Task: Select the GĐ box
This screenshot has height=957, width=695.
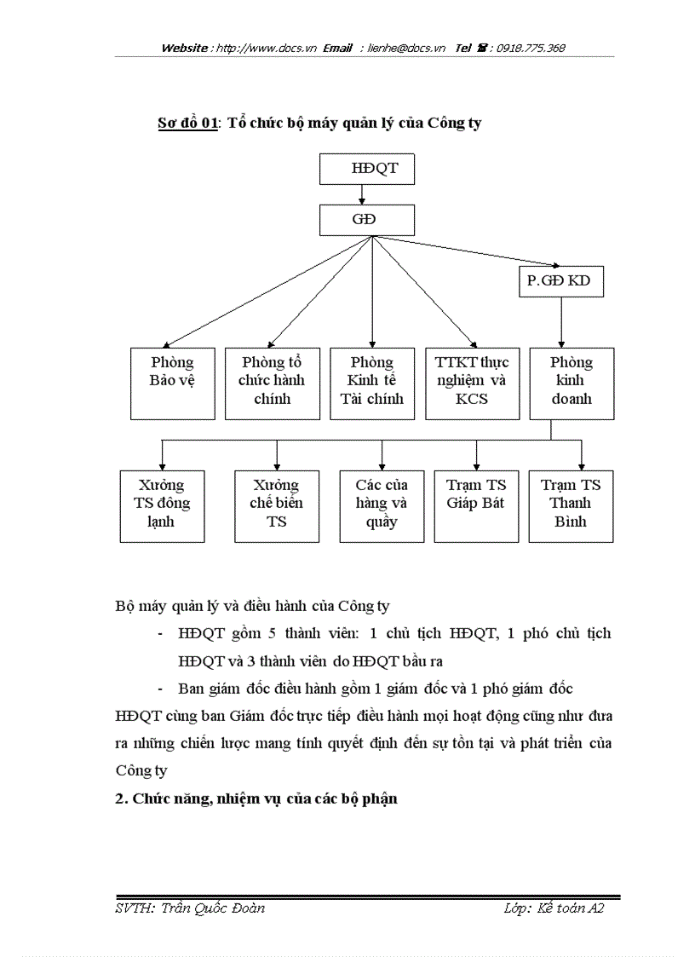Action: click(366, 221)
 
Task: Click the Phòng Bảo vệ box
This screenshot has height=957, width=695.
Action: click(172, 383)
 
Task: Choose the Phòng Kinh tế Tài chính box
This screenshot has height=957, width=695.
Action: click(372, 383)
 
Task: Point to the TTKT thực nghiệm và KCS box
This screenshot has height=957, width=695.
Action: click(472, 383)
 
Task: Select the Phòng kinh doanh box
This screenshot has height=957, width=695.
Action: click(572, 383)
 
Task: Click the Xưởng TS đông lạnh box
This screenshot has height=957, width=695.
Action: click(162, 505)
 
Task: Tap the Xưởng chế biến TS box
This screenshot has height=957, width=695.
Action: click(276, 505)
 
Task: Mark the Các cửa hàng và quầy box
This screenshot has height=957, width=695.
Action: click(382, 505)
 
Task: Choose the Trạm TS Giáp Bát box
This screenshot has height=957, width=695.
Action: click(475, 505)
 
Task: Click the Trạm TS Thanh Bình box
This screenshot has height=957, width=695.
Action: click(571, 505)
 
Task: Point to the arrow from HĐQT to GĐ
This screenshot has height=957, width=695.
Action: click(362, 195)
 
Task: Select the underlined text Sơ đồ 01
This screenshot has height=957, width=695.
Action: click(188, 123)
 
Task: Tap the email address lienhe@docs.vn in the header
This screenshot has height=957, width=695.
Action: click(406, 49)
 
